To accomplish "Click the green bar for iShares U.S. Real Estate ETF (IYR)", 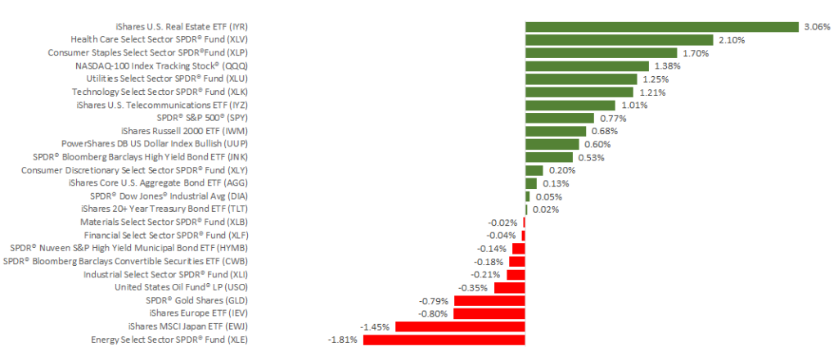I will pos(661,27).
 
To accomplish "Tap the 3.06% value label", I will pos(817,27).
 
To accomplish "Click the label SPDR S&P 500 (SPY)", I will pos(202,118).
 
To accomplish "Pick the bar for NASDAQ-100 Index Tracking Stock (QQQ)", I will pos(587,66).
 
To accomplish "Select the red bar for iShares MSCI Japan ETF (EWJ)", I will pos(460,326).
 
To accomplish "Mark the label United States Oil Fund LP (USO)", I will pos(182,287).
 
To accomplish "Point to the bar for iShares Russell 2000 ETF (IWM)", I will pos(556,131).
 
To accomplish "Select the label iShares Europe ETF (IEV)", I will pos(198,313).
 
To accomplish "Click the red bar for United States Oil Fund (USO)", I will pos(509,287).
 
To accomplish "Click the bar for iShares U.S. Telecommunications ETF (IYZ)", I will pos(570,105).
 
